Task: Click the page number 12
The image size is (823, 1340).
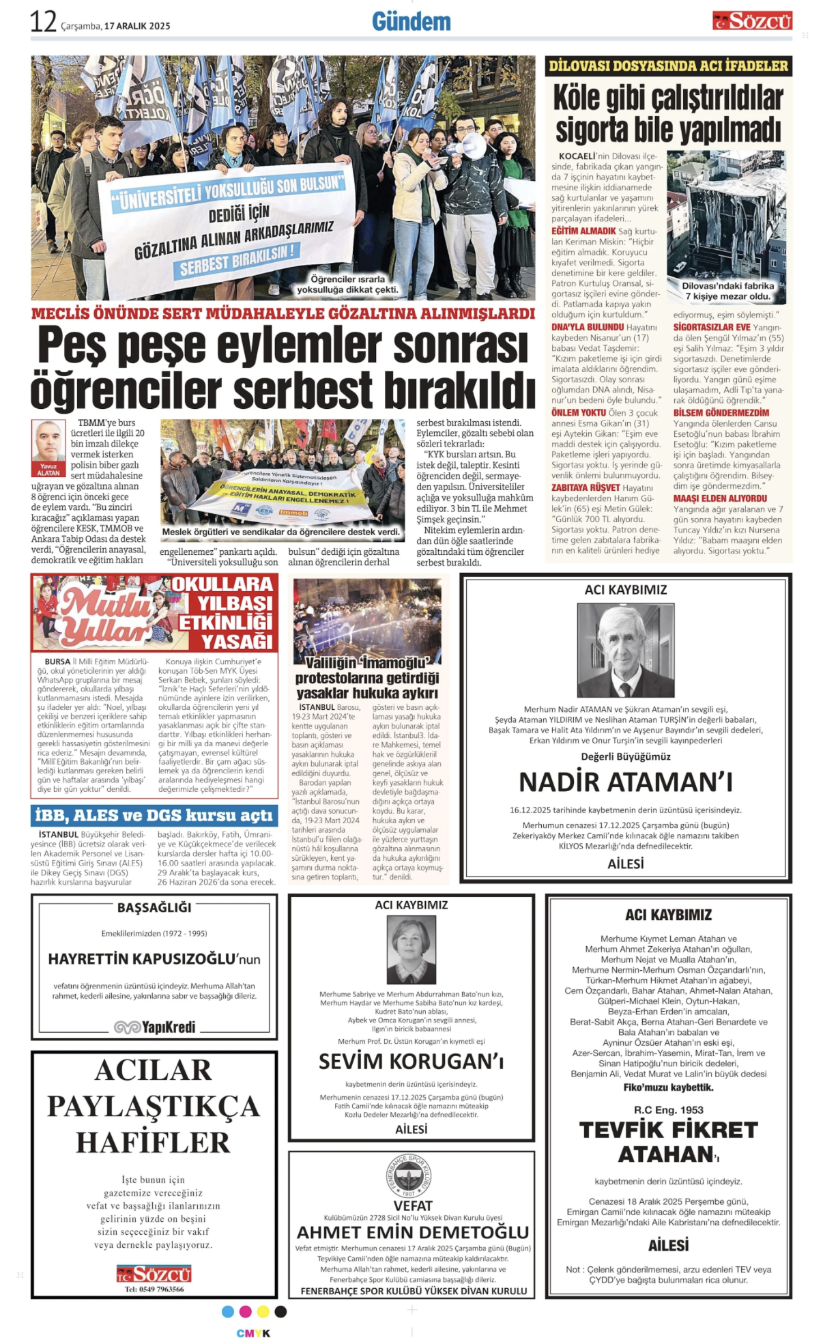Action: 42,22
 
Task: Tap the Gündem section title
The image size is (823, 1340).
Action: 411,22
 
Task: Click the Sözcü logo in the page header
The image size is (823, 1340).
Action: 752,21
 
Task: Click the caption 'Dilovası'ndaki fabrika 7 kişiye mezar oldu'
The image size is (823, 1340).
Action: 728,291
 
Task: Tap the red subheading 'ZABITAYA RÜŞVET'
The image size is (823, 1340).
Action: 586,487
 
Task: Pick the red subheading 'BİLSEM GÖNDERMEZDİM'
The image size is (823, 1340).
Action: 721,412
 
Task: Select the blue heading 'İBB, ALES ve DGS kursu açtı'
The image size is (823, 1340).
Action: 154,815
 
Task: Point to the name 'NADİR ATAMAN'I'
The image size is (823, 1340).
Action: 625,782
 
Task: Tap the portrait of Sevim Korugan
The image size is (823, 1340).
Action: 411,949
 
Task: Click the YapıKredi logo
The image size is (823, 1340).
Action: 154,1027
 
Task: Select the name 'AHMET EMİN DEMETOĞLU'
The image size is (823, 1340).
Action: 413,1232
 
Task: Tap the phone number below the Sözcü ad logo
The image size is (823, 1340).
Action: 154,1289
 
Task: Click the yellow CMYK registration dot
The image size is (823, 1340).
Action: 263,1311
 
